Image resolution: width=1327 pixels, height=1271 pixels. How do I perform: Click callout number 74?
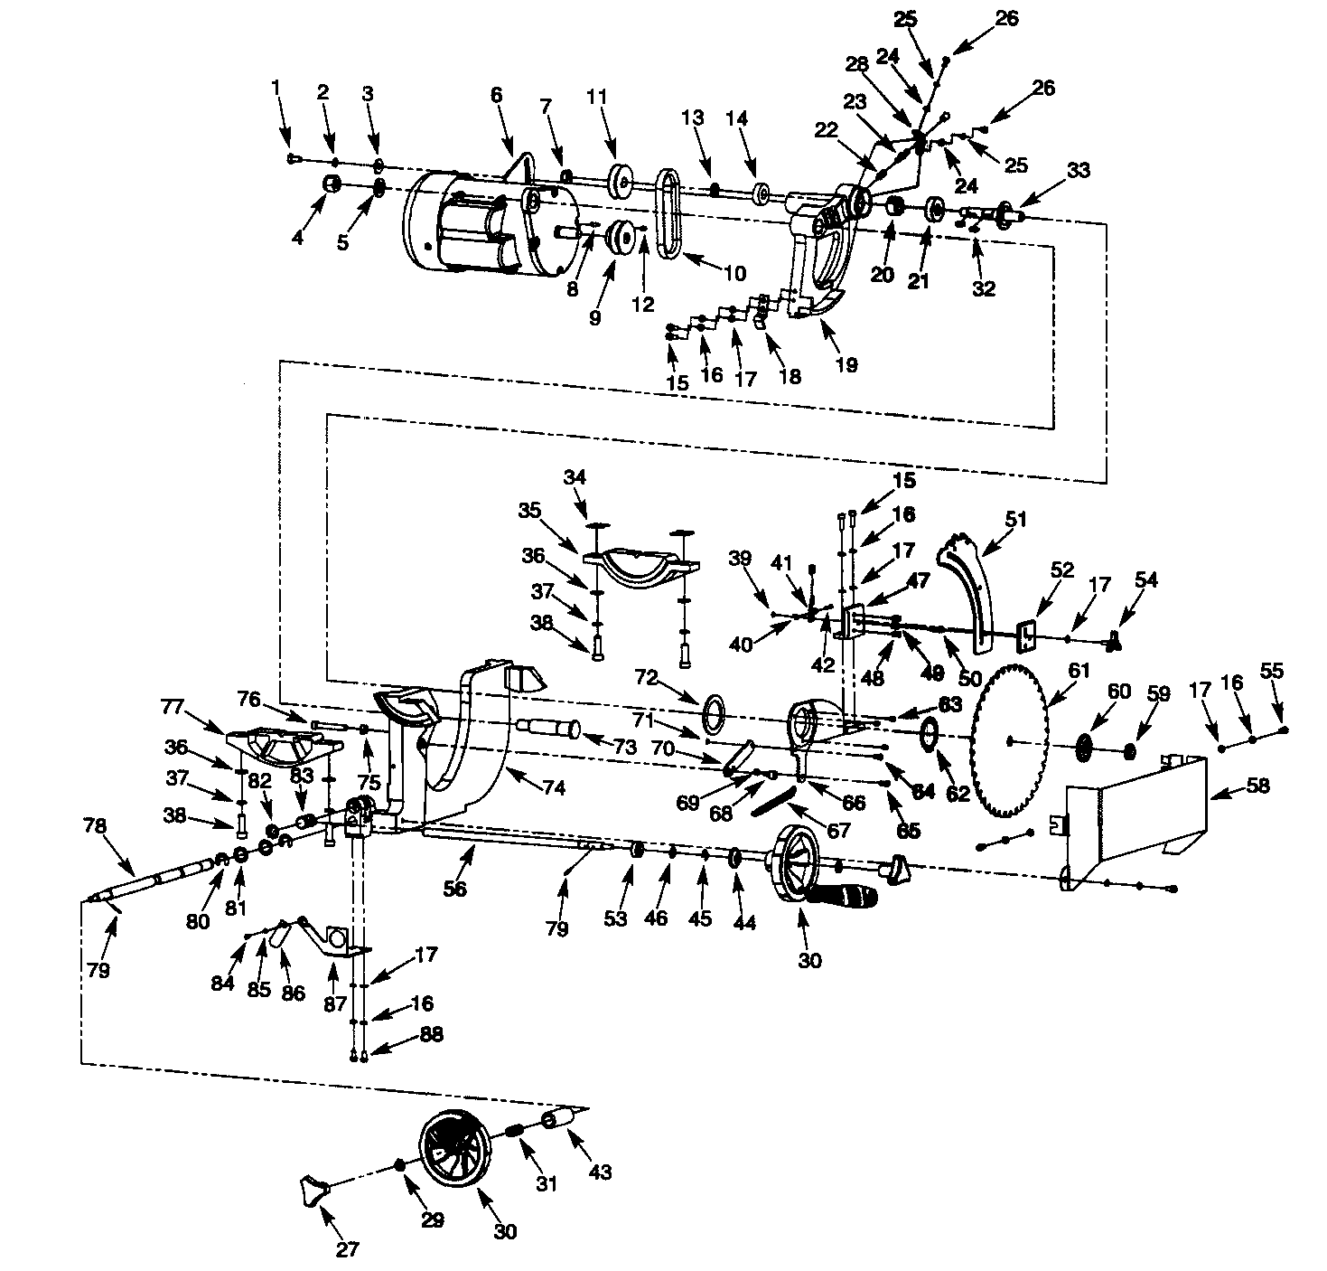554,787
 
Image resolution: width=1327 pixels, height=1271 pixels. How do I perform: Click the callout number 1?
276,88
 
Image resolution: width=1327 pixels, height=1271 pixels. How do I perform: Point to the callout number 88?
432,1036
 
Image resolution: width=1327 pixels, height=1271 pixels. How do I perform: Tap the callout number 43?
600,1172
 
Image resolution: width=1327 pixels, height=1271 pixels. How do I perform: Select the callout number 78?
94,825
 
